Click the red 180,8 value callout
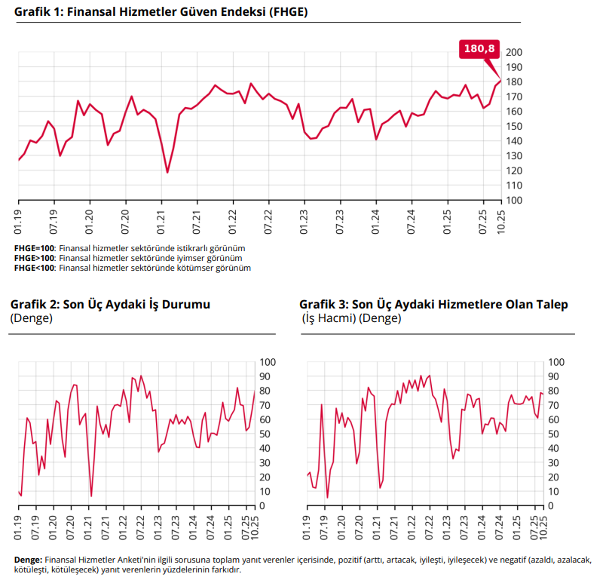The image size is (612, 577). click(479, 48)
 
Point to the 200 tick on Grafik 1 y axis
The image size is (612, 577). click(514, 52)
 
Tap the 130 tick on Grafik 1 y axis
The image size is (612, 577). click(514, 156)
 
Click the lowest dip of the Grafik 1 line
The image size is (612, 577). click(167, 173)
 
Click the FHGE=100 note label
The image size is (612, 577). click(35, 248)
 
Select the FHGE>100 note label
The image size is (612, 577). click(35, 258)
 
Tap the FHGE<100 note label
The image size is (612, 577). click(35, 268)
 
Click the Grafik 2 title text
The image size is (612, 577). click(110, 304)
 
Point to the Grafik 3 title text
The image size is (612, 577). click(433, 304)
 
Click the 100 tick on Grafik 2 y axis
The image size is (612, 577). click(267, 362)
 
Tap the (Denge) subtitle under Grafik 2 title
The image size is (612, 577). click(31, 318)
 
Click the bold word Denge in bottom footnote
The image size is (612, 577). click(28, 560)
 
